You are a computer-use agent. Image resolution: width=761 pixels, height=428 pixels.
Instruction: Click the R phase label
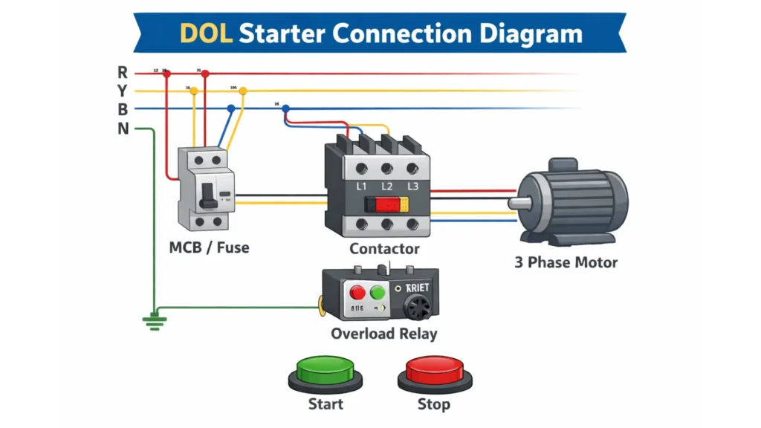pos(123,72)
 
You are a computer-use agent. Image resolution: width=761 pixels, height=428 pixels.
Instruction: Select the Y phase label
pos(123,91)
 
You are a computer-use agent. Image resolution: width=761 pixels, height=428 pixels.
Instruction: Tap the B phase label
pos(123,109)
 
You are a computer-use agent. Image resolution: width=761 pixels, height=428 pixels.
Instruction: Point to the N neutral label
pos(123,129)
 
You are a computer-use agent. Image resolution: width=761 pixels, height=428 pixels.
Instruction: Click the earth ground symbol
pos(155,320)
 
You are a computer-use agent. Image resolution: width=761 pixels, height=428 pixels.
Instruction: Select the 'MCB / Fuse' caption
pos(209,247)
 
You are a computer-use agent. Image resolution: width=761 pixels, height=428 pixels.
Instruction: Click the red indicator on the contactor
pos(381,206)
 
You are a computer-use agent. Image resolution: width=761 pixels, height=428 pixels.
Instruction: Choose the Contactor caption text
pos(384,249)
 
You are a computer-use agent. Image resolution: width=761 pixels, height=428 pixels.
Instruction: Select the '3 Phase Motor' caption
pos(566,262)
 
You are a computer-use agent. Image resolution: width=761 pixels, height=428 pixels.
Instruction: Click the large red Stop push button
pos(434,369)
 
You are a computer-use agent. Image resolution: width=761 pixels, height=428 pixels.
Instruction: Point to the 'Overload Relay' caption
pos(383,333)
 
